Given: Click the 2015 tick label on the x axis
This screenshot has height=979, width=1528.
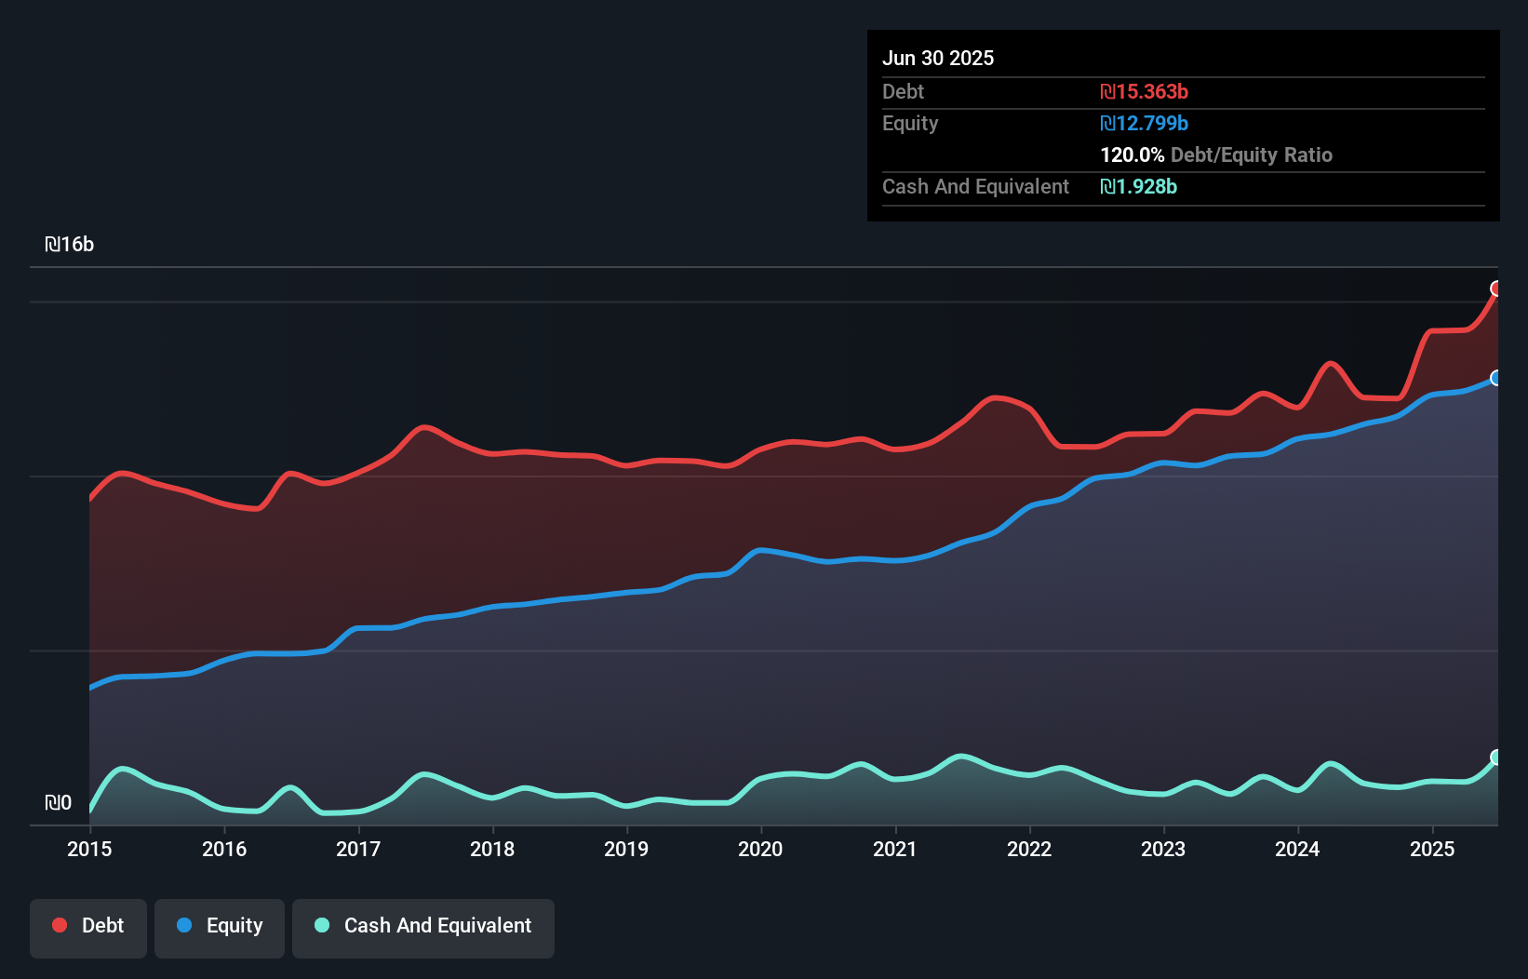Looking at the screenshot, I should point(89,849).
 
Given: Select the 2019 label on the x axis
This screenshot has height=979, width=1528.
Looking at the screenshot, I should point(626,849).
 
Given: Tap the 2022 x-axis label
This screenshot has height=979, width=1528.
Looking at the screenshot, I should point(1029,849).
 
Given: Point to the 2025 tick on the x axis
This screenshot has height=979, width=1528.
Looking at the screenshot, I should point(1432,849).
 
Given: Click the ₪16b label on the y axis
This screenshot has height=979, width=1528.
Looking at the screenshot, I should point(70,245).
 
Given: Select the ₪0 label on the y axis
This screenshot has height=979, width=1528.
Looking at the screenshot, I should point(59,803).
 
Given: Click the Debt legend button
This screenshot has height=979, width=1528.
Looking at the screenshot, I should point(88,926).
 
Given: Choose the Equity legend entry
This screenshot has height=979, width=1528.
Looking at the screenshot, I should point(220,926).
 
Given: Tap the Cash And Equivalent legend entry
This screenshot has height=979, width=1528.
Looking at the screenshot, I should point(423,926).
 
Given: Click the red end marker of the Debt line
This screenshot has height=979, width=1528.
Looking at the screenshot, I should point(1496,288).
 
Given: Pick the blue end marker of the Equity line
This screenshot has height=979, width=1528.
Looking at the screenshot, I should point(1496,378).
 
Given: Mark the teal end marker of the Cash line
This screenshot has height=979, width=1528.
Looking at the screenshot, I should point(1496,758).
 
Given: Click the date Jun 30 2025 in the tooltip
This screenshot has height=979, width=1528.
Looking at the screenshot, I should point(938,59).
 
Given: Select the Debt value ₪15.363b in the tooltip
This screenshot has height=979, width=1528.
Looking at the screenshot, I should point(1144,92).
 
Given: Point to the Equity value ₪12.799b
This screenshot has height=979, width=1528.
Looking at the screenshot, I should point(1144,124).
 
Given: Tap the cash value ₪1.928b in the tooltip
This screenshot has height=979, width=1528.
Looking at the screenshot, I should point(1138,187).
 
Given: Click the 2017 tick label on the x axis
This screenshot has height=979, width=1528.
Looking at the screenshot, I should point(358,849).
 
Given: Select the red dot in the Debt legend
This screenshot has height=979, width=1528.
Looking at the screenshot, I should point(60,925).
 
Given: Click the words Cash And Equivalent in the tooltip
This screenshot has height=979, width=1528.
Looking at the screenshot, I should point(975,187).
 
